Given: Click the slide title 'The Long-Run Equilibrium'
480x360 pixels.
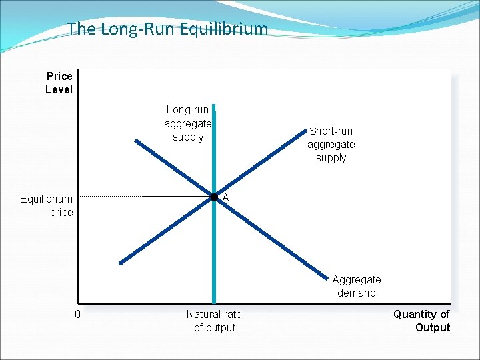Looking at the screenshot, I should pyautogui.click(x=167, y=29).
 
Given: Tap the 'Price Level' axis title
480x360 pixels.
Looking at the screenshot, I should pyautogui.click(x=59, y=83).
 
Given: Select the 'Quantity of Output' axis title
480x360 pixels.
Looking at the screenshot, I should pyautogui.click(x=421, y=321).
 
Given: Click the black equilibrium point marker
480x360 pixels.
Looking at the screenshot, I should pyautogui.click(x=214, y=197).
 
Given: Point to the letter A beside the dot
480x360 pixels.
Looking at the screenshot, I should pyautogui.click(x=226, y=197).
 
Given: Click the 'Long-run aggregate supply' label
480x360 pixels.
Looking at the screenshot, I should pyautogui.click(x=188, y=123).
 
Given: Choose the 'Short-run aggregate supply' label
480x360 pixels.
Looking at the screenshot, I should pyautogui.click(x=331, y=144).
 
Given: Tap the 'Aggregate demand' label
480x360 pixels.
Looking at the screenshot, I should pyautogui.click(x=357, y=286).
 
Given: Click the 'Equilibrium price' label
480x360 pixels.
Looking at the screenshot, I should pyautogui.click(x=47, y=205).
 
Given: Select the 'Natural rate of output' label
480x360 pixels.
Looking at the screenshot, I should pyautogui.click(x=214, y=321).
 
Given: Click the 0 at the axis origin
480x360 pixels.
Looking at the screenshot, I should pyautogui.click(x=77, y=314).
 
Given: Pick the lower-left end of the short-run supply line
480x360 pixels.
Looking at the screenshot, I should pyautogui.click(x=121, y=262).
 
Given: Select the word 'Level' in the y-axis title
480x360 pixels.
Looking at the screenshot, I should pyautogui.click(x=59, y=89).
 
